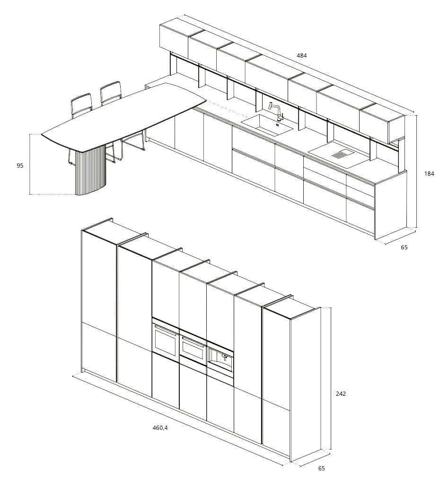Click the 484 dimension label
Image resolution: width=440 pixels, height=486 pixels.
pyautogui.click(x=301, y=56)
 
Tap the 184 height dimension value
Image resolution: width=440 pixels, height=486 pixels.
pyautogui.click(x=429, y=174)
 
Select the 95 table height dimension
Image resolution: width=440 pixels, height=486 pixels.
pyautogui.click(x=20, y=166)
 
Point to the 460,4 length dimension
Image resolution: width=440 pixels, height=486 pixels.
pyautogui.click(x=160, y=428)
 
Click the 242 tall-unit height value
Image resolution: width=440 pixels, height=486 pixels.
pyautogui.click(x=340, y=393)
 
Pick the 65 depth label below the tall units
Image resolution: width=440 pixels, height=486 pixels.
pyautogui.click(x=321, y=469)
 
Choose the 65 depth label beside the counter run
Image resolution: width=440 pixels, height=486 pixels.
pyautogui.click(x=404, y=247)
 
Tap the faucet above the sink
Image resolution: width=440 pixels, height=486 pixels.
pyautogui.click(x=277, y=111)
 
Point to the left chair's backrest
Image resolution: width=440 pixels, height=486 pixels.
pyautogui.click(x=81, y=105)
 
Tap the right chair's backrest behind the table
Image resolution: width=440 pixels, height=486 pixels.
pyautogui.click(x=111, y=93)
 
